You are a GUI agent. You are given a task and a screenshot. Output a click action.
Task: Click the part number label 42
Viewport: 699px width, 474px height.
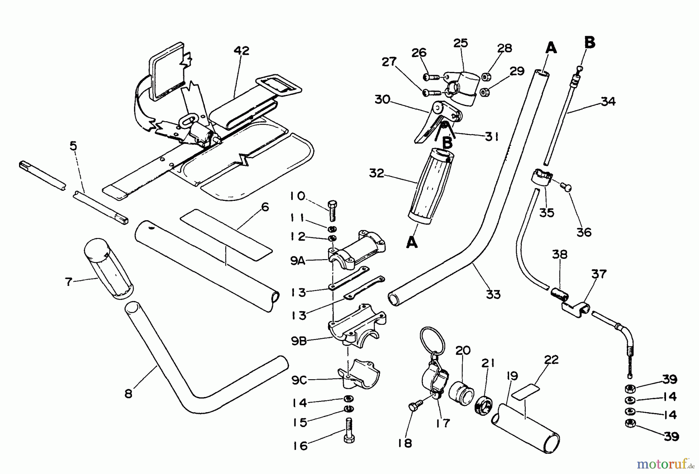coord(241,51)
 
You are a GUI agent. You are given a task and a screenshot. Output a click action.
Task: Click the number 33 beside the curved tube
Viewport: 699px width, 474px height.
coord(493,295)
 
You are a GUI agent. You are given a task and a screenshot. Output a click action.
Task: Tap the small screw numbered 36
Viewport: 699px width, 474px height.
coord(567,188)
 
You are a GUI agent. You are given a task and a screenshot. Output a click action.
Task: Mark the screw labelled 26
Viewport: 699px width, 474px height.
coord(430,77)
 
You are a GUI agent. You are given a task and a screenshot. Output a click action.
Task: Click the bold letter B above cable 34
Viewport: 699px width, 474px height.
coord(589,42)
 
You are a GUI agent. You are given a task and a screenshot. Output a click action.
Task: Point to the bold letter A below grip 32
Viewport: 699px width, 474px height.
coord(412,242)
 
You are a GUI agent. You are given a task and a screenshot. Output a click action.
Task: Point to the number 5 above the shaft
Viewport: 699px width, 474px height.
coord(73,146)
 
